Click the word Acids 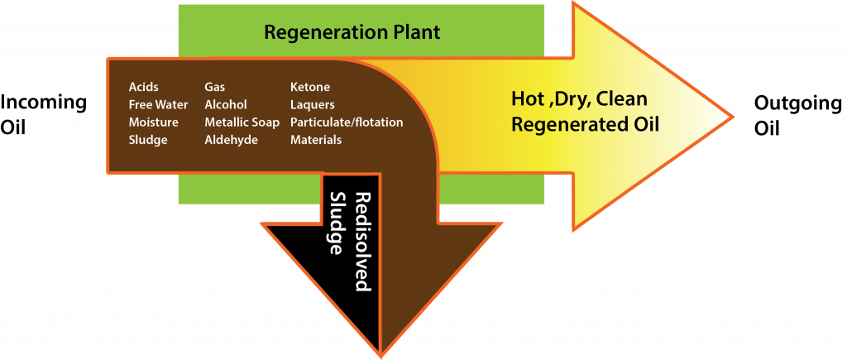(x=143, y=86)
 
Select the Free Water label (x=158, y=104)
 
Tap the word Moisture (x=153, y=122)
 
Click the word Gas (x=215, y=86)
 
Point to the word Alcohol (x=226, y=104)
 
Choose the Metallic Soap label (x=242, y=122)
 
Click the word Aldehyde (x=231, y=141)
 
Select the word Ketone (x=309, y=86)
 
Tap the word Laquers (x=312, y=104)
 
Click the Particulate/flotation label (x=347, y=122)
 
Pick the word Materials (x=315, y=141)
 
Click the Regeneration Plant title (x=352, y=33)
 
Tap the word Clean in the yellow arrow (x=620, y=99)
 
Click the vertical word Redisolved (x=361, y=242)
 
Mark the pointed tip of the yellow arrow (x=732, y=114)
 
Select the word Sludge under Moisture (x=148, y=141)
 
